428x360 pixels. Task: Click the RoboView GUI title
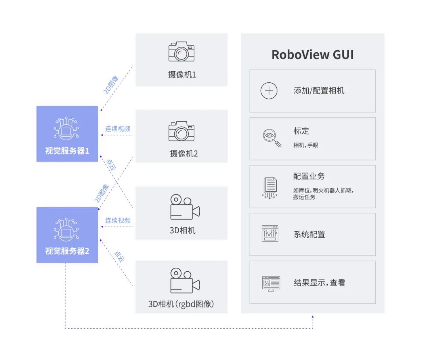click(x=312, y=55)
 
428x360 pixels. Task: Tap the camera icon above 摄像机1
click(x=181, y=51)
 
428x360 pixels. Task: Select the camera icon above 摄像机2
click(x=181, y=131)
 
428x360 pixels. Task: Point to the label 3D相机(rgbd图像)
click(x=181, y=304)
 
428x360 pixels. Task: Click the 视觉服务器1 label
click(x=67, y=151)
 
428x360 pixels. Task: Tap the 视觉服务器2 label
click(x=67, y=251)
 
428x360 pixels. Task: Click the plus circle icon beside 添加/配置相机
click(x=269, y=91)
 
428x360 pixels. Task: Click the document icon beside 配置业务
click(x=270, y=187)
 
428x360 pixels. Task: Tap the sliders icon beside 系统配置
click(x=270, y=234)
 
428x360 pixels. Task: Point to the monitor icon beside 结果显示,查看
click(x=271, y=284)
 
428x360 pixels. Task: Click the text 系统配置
click(x=309, y=234)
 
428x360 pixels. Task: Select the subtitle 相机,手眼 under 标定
click(x=306, y=145)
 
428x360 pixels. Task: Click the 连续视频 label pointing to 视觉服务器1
click(x=118, y=129)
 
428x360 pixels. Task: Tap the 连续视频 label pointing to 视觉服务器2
click(x=118, y=220)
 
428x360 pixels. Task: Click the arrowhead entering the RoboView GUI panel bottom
click(x=313, y=316)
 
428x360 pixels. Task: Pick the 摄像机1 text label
click(x=182, y=74)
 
